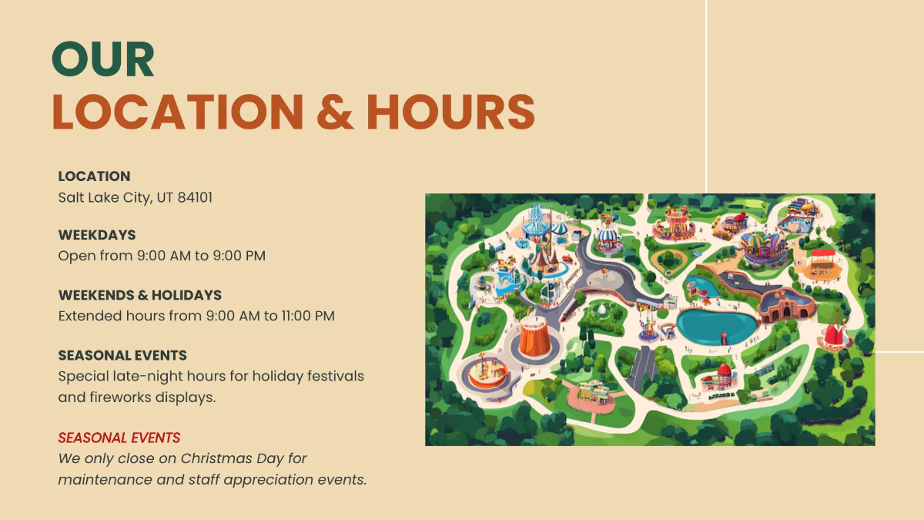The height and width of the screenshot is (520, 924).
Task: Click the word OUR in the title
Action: (103, 59)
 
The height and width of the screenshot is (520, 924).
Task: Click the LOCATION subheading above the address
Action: (94, 176)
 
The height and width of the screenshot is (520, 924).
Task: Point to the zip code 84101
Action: (195, 197)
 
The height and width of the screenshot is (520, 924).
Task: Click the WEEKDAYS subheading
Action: (97, 235)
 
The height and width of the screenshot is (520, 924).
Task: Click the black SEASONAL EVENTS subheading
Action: (122, 356)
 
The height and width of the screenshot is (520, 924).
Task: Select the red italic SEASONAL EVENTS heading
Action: (119, 438)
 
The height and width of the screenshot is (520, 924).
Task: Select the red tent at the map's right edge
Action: (835, 332)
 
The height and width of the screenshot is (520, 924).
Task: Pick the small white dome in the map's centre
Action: (601, 308)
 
